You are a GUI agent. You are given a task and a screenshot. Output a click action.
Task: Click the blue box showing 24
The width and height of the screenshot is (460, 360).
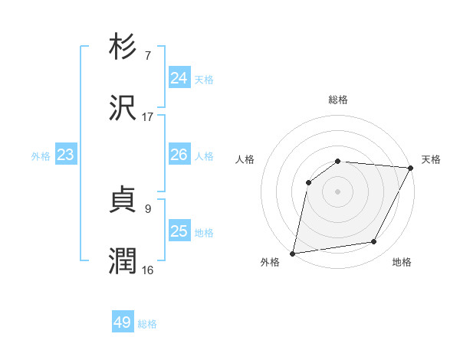pos(179,78)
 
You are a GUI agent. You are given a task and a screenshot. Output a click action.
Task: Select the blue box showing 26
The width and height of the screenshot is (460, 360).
pos(179,155)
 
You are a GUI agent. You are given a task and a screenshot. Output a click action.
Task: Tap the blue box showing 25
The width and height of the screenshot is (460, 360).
pos(179,231)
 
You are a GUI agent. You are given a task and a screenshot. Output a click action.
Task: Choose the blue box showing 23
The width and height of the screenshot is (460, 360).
pos(65,155)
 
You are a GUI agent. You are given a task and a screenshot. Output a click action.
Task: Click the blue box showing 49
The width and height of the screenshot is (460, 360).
pos(123,322)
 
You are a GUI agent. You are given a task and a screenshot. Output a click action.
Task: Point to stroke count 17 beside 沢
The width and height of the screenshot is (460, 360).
pos(148,117)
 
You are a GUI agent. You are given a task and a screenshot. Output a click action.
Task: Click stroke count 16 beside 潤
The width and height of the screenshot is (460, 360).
pos(148,270)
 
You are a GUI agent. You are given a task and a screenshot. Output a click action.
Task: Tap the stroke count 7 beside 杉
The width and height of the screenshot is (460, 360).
pos(148,55)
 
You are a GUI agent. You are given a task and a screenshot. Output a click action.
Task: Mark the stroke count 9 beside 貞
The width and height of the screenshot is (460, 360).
pos(148,208)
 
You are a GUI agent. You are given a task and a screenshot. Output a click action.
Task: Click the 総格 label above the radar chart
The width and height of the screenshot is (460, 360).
pos(338,100)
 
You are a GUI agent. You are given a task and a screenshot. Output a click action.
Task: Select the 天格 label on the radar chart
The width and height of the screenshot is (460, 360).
pos(431,159)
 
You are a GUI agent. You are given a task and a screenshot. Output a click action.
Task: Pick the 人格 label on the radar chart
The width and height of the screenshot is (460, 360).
pos(245,159)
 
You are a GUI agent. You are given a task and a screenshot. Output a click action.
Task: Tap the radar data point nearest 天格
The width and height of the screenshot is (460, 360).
pos(411,168)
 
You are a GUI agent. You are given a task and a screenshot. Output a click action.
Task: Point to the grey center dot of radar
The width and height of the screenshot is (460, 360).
pos(337,191)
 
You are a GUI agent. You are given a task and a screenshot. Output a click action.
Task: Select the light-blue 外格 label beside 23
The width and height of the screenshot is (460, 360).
pos(41,156)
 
